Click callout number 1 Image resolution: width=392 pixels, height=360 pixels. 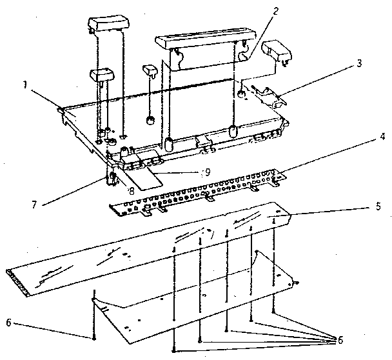point(24,85)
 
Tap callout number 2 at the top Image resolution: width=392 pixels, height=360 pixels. point(275,11)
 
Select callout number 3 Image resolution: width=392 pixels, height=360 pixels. point(359,63)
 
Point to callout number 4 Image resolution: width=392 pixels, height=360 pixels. point(382,137)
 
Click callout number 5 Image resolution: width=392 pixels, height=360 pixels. point(378,206)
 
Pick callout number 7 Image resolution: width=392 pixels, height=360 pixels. point(34,205)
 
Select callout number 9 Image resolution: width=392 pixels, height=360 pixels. point(207,172)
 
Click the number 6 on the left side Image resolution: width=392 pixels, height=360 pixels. point(9,323)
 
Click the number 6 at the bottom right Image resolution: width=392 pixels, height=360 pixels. point(340,340)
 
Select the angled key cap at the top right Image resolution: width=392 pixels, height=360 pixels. point(277,51)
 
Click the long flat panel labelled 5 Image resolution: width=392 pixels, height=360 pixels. point(148,249)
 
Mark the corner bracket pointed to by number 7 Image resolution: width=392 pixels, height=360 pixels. point(112,176)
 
